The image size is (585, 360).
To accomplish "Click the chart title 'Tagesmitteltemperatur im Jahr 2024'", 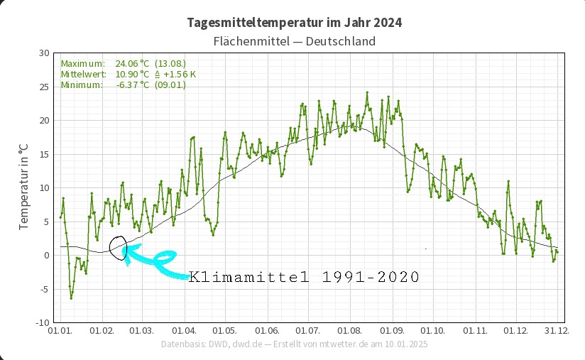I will click(x=294, y=23).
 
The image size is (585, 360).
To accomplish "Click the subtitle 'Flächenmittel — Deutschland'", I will click(x=294, y=41).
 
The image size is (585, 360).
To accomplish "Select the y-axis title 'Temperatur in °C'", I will click(x=23, y=187).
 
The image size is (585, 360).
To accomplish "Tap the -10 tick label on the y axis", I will click(x=42, y=322).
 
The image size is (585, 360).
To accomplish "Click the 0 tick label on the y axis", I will click(x=46, y=256).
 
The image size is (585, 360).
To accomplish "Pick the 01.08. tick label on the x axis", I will click(x=350, y=331).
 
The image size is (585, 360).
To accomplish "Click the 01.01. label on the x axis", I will click(x=59, y=331).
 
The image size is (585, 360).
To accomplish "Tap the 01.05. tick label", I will click(x=225, y=331).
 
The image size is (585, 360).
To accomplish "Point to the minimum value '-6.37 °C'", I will click(x=132, y=84).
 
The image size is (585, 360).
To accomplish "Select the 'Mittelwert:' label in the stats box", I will click(x=84, y=74).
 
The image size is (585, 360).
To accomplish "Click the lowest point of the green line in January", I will click(x=71, y=298).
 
